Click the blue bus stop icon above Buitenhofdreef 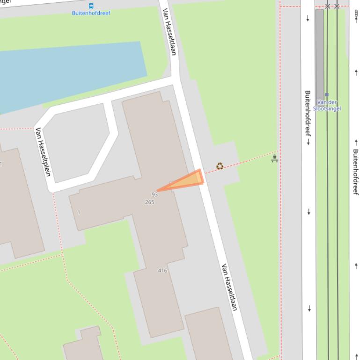click(x=91, y=6)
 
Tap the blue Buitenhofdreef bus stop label click(x=91, y=13)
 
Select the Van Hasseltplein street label click(x=43, y=152)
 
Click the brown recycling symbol click(x=220, y=166)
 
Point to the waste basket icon click(x=275, y=158)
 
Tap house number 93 click(x=154, y=194)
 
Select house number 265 click(x=150, y=202)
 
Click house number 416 click(x=162, y=270)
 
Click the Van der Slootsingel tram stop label click(x=327, y=105)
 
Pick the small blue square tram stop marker click(x=327, y=94)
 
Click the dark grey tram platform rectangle click(x=319, y=51)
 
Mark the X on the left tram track click(x=328, y=6)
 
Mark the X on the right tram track click(x=337, y=6)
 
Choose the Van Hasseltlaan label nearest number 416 click(x=229, y=287)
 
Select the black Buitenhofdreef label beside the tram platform click(x=308, y=117)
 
